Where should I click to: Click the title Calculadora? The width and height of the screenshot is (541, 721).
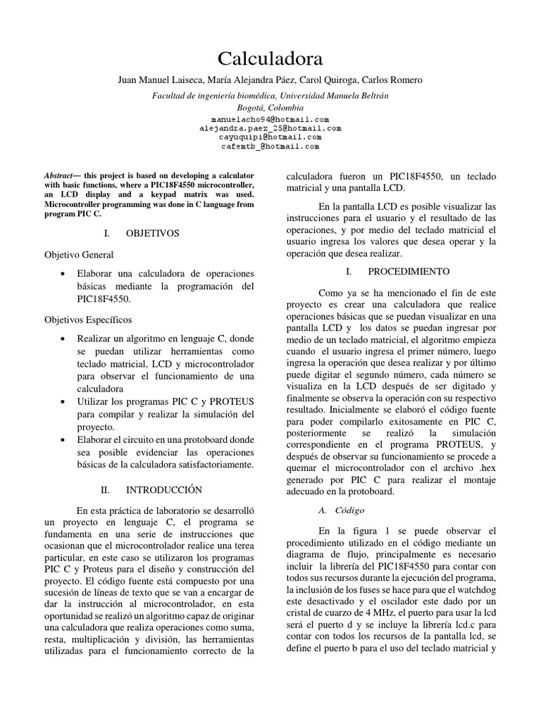[x=270, y=58]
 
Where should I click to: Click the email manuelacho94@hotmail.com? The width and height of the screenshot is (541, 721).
[x=270, y=120]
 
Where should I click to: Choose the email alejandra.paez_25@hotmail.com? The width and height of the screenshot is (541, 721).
[x=270, y=129]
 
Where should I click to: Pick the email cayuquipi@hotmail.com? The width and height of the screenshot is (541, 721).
[x=270, y=138]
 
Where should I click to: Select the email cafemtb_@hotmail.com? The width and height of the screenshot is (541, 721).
[x=270, y=147]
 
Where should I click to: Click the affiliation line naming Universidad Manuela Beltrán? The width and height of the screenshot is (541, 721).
[x=270, y=95]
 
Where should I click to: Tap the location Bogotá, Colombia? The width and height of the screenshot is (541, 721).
[x=270, y=108]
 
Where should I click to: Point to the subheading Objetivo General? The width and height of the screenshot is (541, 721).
[x=79, y=254]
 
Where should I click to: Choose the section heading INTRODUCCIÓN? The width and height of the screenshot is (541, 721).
[x=163, y=489]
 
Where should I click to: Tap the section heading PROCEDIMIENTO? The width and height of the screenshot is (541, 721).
[x=404, y=271]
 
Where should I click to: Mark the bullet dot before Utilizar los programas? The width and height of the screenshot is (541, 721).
[x=64, y=401]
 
